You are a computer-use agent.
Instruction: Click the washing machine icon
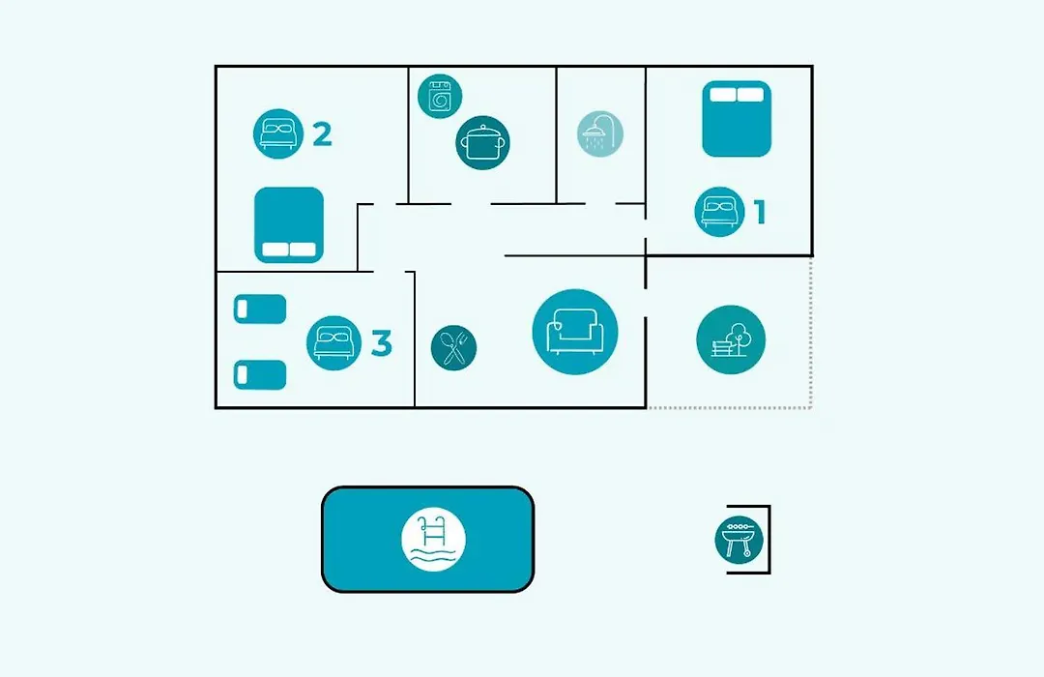tap(440, 96)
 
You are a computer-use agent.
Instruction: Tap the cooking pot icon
tap(482, 142)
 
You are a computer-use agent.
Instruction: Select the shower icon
tap(600, 133)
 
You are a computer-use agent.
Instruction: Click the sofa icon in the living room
tap(575, 332)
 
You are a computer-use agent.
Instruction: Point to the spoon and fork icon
tap(453, 348)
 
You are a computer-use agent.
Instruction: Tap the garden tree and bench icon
tap(731, 339)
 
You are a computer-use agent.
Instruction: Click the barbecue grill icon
tap(739, 540)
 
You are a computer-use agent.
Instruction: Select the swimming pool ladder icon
tap(433, 539)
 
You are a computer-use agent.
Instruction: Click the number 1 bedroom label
tap(760, 212)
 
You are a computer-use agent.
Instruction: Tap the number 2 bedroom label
tap(322, 133)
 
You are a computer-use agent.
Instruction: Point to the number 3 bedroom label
tap(381, 343)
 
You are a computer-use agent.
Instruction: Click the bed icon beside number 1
tap(719, 212)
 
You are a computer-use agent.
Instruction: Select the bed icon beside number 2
tap(278, 133)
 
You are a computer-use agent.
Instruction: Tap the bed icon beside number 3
tap(333, 343)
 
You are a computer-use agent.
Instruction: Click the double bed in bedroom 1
tap(737, 119)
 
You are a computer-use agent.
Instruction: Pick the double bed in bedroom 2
tap(289, 225)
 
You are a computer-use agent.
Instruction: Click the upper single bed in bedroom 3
tap(260, 309)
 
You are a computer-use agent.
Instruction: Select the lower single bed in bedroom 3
tap(260, 375)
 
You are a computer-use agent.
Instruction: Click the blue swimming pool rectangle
tap(427, 539)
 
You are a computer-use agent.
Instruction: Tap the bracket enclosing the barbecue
tap(769, 540)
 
